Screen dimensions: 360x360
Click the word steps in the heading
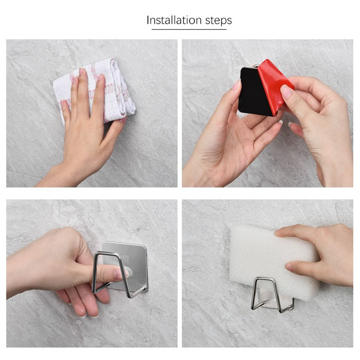(218, 21)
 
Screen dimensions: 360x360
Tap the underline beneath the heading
(189, 29)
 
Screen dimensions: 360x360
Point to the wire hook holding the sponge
(272, 296)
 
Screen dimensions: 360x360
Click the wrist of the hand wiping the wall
(58, 175)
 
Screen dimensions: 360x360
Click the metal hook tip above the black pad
(254, 66)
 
